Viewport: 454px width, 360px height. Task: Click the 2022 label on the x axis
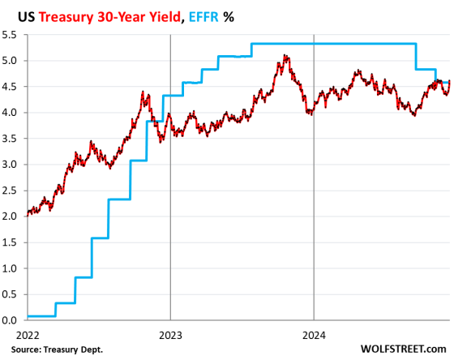[x=27, y=333]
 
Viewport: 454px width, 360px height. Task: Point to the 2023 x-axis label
[x=170, y=333]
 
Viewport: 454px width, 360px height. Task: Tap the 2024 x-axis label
[x=314, y=333]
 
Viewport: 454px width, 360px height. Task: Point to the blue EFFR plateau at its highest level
[x=332, y=44]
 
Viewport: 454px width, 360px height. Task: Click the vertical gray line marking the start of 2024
[x=314, y=203]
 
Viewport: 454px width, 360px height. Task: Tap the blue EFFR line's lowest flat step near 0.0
[x=41, y=315]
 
